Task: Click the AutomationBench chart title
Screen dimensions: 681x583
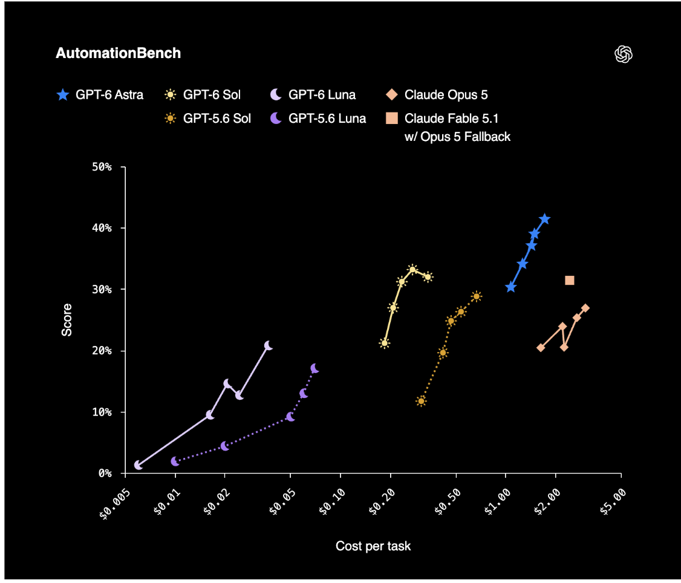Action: tap(118, 53)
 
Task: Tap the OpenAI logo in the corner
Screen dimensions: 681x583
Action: tap(623, 54)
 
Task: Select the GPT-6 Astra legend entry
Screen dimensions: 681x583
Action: tap(100, 95)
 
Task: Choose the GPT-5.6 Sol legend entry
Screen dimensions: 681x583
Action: tap(207, 118)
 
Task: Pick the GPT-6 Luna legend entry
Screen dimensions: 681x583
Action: tap(313, 95)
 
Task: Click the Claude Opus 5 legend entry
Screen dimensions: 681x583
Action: tap(437, 95)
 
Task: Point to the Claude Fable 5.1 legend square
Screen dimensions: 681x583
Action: tap(392, 118)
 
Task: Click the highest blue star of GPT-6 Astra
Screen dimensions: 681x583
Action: tap(545, 219)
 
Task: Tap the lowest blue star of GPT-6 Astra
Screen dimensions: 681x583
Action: tap(510, 287)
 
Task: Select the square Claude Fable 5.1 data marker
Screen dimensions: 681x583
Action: tap(569, 280)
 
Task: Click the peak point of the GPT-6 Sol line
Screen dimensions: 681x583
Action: tap(412, 269)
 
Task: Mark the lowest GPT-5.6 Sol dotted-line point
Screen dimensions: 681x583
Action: tap(421, 401)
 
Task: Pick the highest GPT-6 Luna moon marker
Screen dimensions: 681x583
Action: tap(269, 345)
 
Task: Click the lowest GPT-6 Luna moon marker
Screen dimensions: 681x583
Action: tap(138, 465)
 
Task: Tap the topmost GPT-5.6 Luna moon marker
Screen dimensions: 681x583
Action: tap(315, 368)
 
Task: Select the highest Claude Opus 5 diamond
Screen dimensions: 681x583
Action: tap(585, 308)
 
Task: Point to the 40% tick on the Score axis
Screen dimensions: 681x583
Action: tap(123, 227)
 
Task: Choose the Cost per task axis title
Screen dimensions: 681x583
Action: tap(373, 546)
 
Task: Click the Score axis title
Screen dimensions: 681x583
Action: tap(67, 320)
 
